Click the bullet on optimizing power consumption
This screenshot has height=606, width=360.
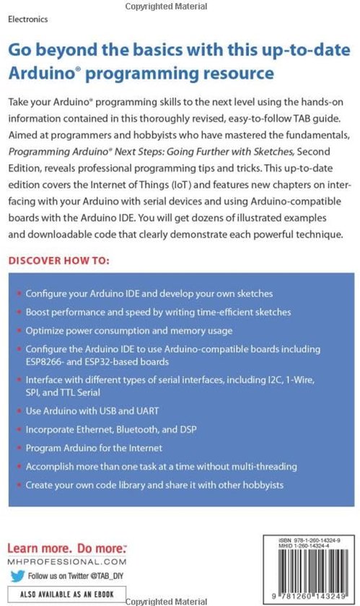point(129,331)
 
